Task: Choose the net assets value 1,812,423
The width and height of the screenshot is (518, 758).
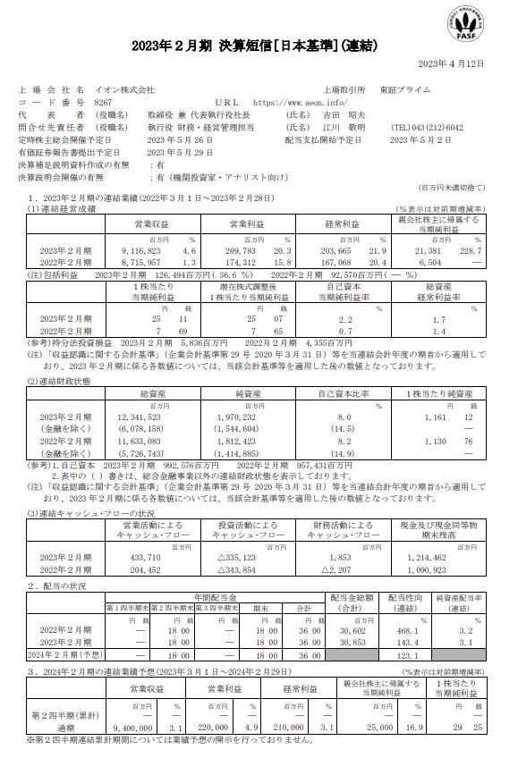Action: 237,440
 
